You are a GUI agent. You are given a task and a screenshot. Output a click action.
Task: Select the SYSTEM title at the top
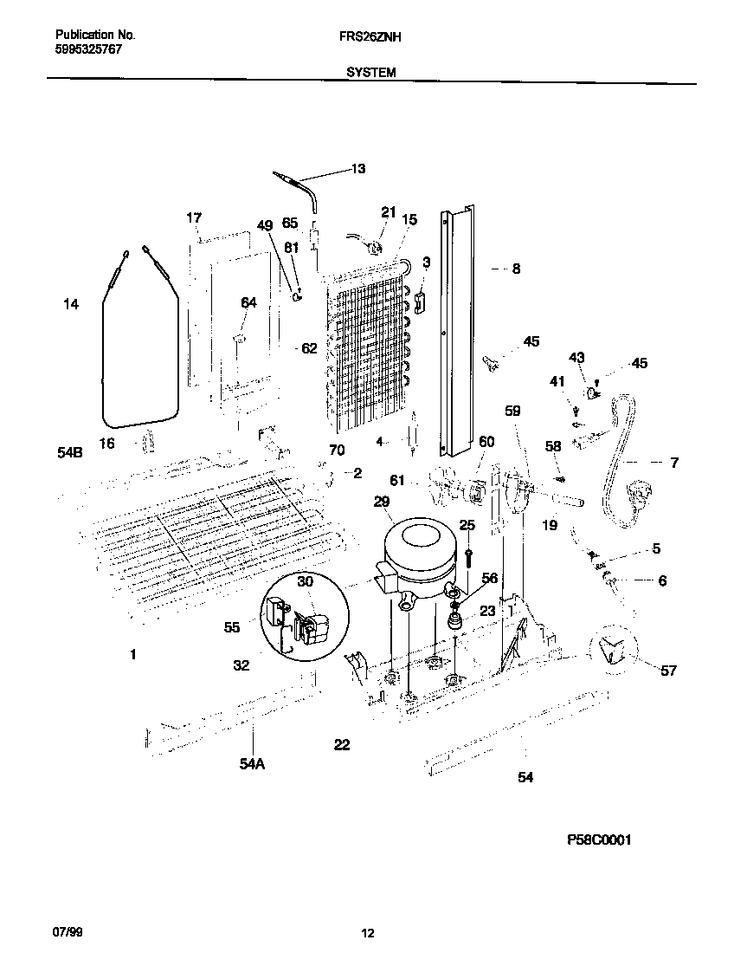click(x=371, y=74)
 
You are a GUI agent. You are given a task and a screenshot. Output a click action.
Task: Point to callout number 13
click(x=357, y=169)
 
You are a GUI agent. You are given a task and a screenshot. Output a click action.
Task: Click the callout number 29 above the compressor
click(x=382, y=502)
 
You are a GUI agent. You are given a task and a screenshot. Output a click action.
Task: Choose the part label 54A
click(x=251, y=763)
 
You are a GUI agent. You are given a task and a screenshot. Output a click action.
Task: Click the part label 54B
click(x=71, y=452)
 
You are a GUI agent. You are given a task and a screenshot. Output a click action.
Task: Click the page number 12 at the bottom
click(x=367, y=933)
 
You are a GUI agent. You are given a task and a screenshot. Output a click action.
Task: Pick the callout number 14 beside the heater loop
click(x=71, y=304)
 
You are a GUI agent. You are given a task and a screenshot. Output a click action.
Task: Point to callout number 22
click(x=342, y=744)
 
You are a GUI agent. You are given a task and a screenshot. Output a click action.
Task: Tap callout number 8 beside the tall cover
click(x=516, y=269)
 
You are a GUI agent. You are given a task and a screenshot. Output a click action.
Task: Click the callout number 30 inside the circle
click(x=305, y=582)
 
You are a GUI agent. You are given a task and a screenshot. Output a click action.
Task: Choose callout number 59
click(x=512, y=412)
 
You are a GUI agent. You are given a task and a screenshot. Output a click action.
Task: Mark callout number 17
click(x=194, y=217)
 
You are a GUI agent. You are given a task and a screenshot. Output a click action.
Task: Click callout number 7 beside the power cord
click(x=674, y=463)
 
